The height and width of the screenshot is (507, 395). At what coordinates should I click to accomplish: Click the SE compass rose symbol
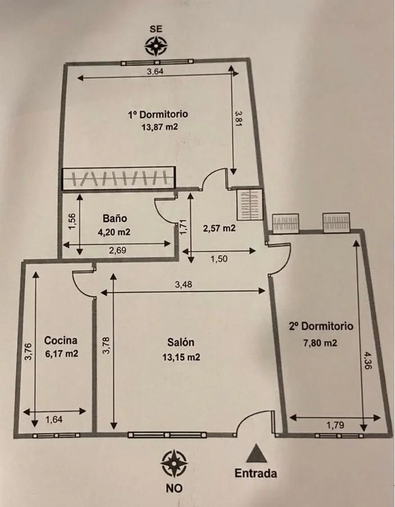(x=155, y=46)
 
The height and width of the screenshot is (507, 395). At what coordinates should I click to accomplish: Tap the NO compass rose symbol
(x=174, y=463)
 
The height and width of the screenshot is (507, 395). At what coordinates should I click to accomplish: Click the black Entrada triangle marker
(x=256, y=453)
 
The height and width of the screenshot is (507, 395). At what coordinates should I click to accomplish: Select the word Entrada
(x=256, y=473)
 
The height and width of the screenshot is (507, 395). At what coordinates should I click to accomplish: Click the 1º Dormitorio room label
(x=158, y=114)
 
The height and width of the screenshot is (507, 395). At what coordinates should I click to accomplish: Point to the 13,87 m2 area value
(x=160, y=127)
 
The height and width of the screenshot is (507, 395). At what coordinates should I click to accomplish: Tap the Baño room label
(x=115, y=218)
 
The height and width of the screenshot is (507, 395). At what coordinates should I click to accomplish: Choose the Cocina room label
(x=61, y=340)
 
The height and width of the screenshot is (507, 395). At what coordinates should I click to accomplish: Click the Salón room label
(x=181, y=342)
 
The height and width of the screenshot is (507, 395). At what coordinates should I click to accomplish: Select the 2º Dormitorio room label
(x=321, y=326)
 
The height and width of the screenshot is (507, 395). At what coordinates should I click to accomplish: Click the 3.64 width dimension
(x=155, y=71)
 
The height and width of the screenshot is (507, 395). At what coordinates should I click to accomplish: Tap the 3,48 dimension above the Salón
(x=184, y=284)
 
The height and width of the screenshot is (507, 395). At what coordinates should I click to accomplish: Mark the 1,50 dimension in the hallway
(x=219, y=259)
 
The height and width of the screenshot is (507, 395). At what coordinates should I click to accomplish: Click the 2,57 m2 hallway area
(x=219, y=228)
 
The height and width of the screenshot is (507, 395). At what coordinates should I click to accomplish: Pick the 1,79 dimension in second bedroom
(x=335, y=425)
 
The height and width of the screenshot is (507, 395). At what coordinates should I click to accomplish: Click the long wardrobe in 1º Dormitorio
(x=119, y=178)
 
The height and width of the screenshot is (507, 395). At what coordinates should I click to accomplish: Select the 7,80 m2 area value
(x=320, y=342)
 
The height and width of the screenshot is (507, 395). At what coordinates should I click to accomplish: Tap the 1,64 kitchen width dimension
(x=54, y=420)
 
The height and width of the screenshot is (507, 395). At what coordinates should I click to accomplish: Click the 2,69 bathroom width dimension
(x=117, y=250)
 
